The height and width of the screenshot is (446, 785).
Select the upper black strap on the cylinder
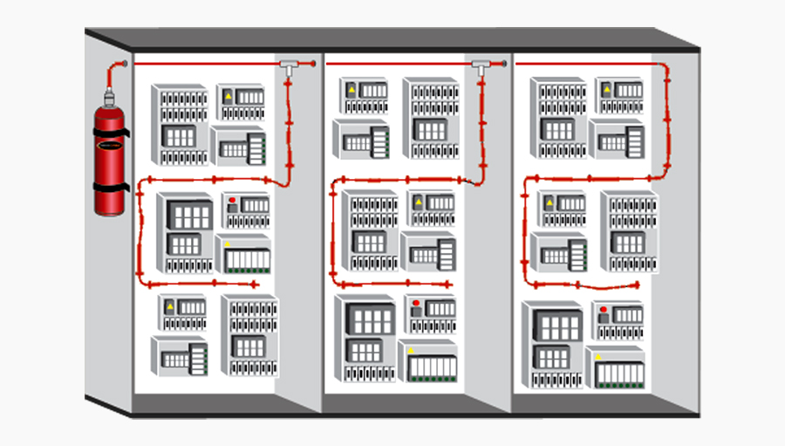click(110, 133)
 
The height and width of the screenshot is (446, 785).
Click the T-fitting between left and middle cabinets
click(289, 64)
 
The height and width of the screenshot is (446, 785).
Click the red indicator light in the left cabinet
click(233, 201)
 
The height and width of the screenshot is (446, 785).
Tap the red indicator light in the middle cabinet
click(416, 306)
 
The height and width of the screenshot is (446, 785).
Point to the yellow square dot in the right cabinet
click(597, 357)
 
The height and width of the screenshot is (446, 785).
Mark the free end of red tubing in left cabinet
click(256, 285)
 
